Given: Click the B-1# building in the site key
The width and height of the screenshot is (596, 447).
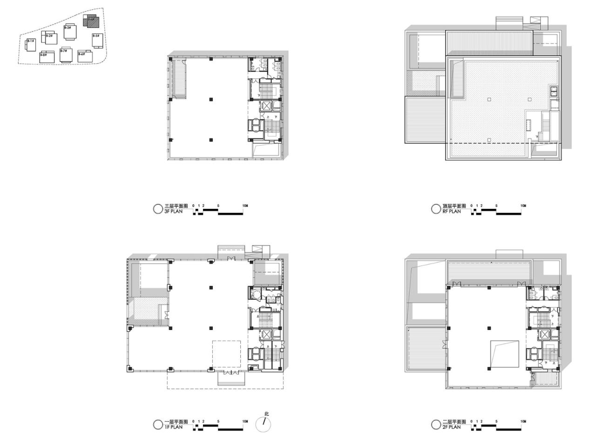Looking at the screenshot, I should tap(30, 46).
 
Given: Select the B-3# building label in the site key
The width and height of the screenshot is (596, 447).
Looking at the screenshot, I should tap(68, 28).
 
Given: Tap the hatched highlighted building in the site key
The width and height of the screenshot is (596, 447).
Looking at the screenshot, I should tap(91, 21).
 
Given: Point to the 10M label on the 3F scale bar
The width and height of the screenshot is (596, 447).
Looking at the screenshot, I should tap(245, 206).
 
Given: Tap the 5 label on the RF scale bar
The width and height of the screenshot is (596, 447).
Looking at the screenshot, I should tap(496, 206).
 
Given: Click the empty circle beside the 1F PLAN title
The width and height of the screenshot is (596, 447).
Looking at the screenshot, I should tap(158, 424).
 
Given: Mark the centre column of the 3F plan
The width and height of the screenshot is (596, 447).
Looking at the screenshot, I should tap(211, 99).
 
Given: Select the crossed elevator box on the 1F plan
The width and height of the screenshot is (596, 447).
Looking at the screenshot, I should tap(266, 334).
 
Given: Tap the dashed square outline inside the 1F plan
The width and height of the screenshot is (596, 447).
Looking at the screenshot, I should tap(227, 356).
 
